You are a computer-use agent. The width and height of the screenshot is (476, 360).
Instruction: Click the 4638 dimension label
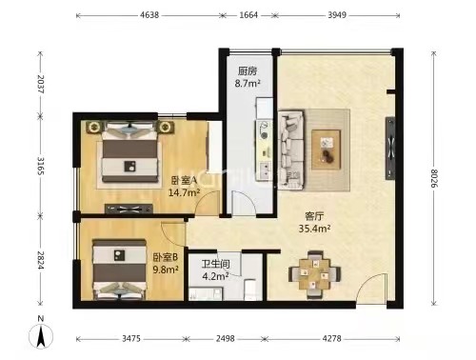tap(149, 15)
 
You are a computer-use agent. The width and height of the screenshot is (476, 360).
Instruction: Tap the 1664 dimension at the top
tap(248, 15)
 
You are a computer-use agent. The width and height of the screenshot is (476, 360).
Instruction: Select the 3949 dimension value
tap(337, 15)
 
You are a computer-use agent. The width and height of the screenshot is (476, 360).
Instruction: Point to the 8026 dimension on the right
tap(434, 178)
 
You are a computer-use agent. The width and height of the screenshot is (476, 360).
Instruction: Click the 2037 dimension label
tap(41, 84)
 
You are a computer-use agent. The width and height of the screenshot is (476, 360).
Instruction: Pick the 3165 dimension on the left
tap(41, 166)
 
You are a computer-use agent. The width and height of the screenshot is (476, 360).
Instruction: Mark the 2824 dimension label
tap(41, 260)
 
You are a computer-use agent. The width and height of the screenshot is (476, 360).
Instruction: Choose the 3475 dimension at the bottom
tap(131, 339)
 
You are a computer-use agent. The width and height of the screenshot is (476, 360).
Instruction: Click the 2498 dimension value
tap(226, 339)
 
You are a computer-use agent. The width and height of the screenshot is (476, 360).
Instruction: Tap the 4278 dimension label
tap(331, 339)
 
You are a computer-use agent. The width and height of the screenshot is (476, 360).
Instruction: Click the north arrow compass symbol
tap(41, 334)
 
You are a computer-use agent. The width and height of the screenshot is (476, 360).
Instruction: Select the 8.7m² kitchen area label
tap(248, 84)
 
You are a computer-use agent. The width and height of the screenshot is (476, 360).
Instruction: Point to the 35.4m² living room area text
tap(314, 229)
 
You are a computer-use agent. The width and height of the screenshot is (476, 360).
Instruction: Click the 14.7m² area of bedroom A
tap(184, 192)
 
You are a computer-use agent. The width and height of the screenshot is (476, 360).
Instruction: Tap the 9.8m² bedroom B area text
tap(166, 270)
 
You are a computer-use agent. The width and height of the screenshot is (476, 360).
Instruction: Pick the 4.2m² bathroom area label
tap(216, 276)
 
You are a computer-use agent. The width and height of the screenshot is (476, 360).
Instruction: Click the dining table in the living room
tap(314, 274)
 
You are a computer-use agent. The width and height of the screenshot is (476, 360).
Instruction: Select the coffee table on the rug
tap(327, 150)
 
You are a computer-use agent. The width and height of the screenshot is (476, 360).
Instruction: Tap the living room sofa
tap(291, 150)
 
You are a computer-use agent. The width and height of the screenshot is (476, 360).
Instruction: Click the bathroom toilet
tap(250, 290)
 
